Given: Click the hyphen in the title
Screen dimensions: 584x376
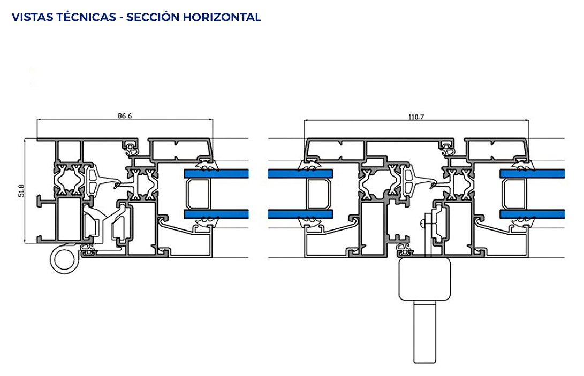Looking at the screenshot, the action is click(x=122, y=18).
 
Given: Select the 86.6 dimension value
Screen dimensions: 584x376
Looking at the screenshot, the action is click(x=125, y=116).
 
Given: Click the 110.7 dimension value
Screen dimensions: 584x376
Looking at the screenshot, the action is click(x=416, y=117).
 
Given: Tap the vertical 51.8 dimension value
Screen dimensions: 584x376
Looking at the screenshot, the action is click(x=21, y=190).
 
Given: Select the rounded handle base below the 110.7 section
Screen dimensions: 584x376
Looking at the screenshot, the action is click(x=424, y=279).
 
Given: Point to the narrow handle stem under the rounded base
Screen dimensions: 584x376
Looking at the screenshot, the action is click(x=424, y=332).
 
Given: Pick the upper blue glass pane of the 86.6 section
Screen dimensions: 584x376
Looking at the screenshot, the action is click(x=216, y=173).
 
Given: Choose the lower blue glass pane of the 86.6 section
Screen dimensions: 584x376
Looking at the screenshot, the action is click(x=216, y=214).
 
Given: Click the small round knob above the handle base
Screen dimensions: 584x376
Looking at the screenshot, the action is click(x=422, y=224).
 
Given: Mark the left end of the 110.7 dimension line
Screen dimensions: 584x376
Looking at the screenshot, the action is click(x=304, y=121).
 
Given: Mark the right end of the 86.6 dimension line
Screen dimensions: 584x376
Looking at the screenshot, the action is click(x=213, y=119).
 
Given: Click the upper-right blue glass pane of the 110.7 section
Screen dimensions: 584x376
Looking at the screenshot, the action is click(x=532, y=173).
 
